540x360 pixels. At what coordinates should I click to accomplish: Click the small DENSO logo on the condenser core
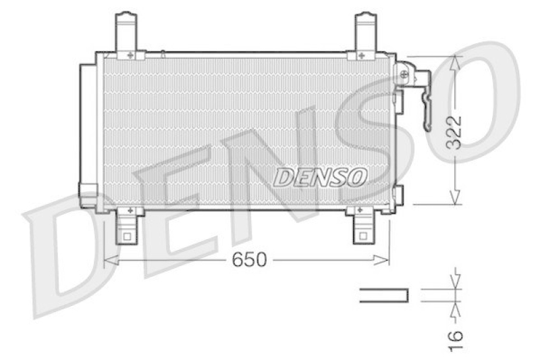coord(320,176)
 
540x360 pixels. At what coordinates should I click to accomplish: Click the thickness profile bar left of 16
coord(383,295)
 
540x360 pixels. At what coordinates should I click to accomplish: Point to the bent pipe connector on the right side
coord(426,101)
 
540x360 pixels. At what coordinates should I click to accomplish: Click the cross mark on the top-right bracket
coord(362,54)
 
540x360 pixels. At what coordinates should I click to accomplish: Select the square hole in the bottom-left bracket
coord(126,236)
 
